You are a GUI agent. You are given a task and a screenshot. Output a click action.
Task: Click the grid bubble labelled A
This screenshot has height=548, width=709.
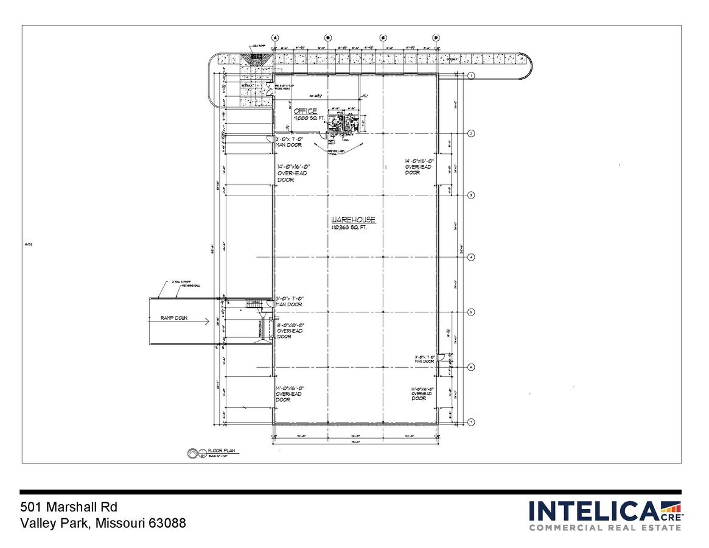pyautogui.click(x=275, y=37)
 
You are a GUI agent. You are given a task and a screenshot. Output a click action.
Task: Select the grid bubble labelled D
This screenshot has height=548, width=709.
pyautogui.click(x=436, y=37)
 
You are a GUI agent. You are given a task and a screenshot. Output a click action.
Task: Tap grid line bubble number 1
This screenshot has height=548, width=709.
pyautogui.click(x=471, y=76)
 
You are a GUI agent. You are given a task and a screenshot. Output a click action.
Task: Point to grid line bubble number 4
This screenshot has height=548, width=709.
pyautogui.click(x=471, y=258)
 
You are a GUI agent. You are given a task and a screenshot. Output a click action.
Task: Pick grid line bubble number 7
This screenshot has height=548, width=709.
pyautogui.click(x=471, y=422)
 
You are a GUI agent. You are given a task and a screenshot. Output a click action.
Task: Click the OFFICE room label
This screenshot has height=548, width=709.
pyautogui.click(x=306, y=111)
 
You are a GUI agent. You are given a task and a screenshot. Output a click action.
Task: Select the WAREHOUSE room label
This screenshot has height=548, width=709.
pyautogui.click(x=353, y=219)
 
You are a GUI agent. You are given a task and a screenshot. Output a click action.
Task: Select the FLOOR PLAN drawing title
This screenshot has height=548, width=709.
pyautogui.click(x=222, y=451)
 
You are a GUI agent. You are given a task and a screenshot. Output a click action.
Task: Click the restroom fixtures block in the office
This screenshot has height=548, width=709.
pyautogui.click(x=342, y=119)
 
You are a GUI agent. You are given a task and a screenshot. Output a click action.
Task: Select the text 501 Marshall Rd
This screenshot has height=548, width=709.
pyautogui.click(x=68, y=507)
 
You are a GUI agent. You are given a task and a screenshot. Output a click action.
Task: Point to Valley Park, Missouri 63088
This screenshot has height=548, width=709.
pyautogui.click(x=103, y=523)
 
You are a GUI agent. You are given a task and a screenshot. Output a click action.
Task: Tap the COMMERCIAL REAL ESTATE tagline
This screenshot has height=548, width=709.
pyautogui.click(x=605, y=527)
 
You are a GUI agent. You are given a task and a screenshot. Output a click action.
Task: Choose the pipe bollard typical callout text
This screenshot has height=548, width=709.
pyautogui.click(x=337, y=152)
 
